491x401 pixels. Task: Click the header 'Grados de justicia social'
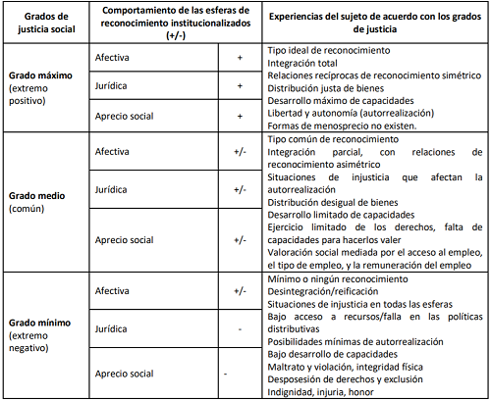point(39,21)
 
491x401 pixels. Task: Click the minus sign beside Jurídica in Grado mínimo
point(239,328)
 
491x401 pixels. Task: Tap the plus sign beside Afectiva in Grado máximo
point(239,58)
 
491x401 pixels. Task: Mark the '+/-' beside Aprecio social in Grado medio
point(239,239)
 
